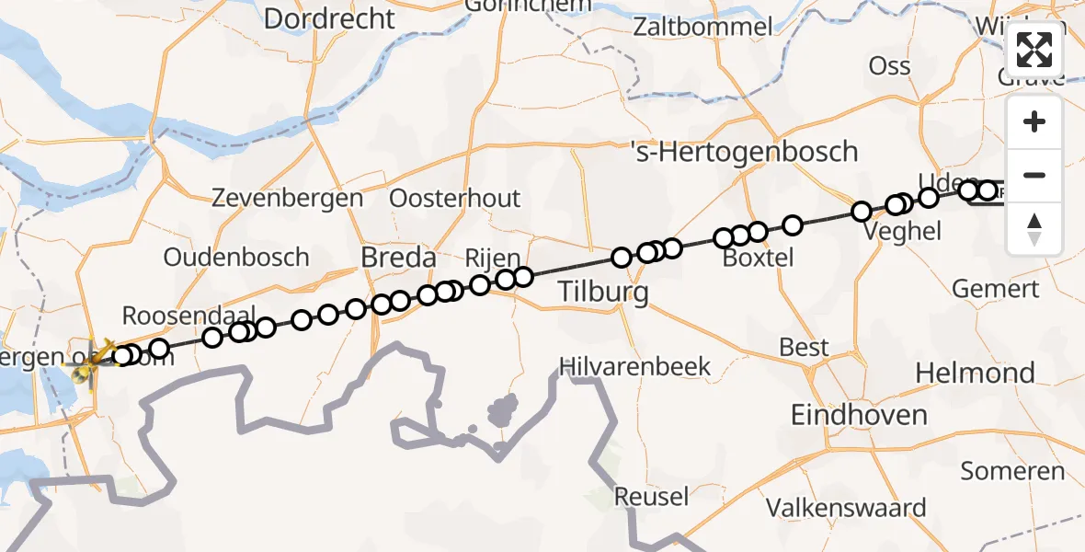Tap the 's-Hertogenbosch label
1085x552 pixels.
click(744, 152)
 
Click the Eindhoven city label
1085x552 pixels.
click(859, 415)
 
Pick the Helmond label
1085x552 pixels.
click(975, 374)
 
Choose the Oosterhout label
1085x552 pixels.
click(454, 199)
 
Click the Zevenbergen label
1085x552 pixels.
click(287, 198)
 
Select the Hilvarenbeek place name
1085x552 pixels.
click(634, 366)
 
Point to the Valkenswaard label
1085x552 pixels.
click(846, 508)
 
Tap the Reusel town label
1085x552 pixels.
click(651, 497)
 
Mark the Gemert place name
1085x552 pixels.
click(995, 289)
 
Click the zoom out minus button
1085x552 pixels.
click(1034, 175)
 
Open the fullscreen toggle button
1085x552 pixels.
click(1034, 50)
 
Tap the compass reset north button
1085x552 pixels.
click(1034, 229)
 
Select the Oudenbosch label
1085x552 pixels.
click(236, 258)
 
